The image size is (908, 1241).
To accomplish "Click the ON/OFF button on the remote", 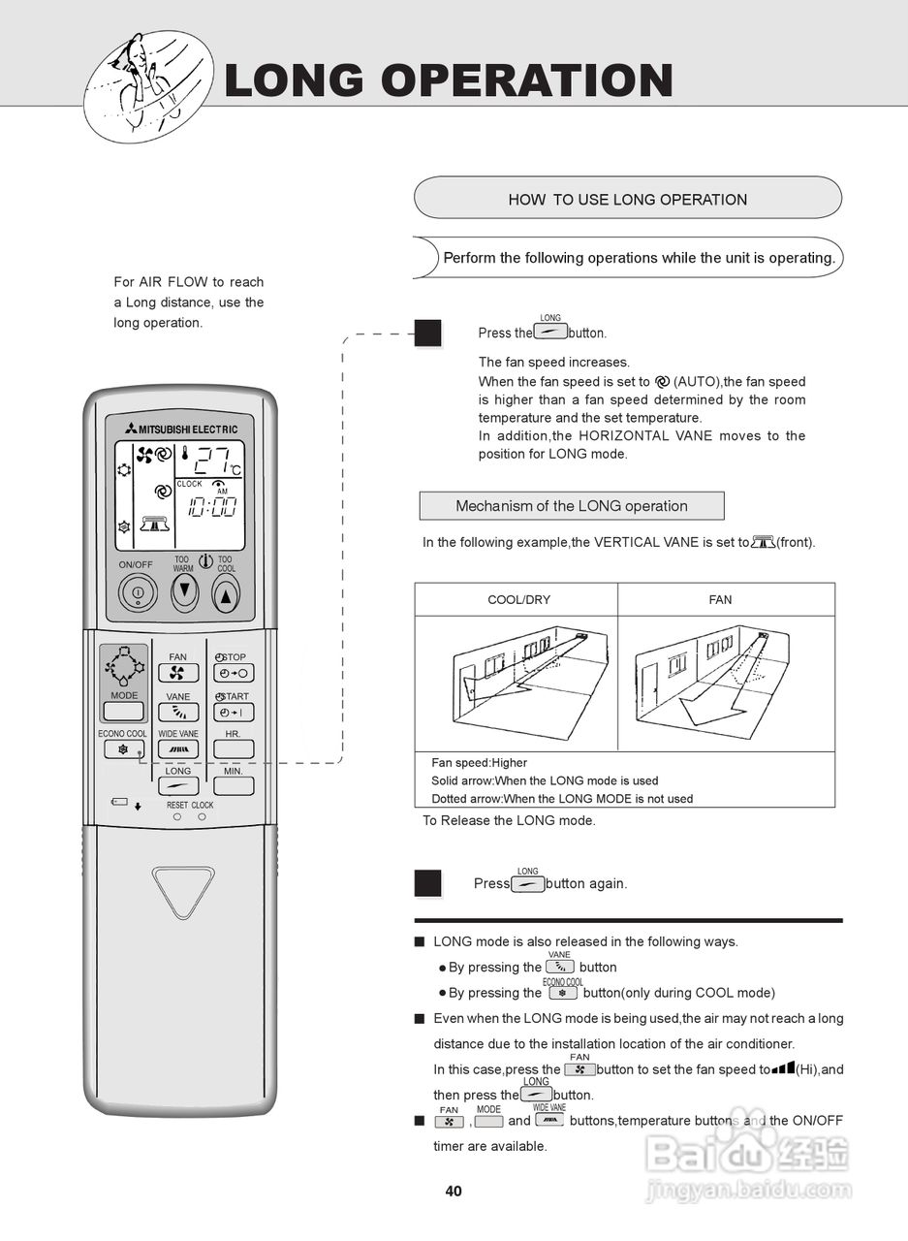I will pyautogui.click(x=138, y=592).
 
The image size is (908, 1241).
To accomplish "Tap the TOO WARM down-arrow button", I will pyautogui.click(x=184, y=591).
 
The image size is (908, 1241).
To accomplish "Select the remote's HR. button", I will pyautogui.click(x=234, y=748).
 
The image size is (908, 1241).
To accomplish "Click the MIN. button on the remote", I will pyautogui.click(x=234, y=785).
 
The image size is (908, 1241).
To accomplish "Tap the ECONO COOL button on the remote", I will pyautogui.click(x=123, y=748).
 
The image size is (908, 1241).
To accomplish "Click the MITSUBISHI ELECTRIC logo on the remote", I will pyautogui.click(x=180, y=430).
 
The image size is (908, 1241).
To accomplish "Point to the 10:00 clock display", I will pyautogui.click(x=212, y=506).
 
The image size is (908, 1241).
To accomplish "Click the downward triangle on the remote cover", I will pyautogui.click(x=181, y=891).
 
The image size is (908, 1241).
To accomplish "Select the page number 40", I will pyautogui.click(x=454, y=1192).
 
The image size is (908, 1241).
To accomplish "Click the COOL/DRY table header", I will pyautogui.click(x=518, y=600).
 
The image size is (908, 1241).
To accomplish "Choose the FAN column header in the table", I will pyautogui.click(x=720, y=600).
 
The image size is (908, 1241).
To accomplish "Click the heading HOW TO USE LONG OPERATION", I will pyautogui.click(x=627, y=200).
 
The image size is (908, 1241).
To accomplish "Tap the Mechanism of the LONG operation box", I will pyautogui.click(x=571, y=506).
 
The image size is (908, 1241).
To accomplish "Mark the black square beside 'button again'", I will pyautogui.click(x=427, y=883).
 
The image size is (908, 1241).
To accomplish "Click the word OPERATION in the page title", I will pyautogui.click(x=527, y=80).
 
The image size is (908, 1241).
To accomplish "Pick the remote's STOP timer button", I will pyautogui.click(x=234, y=673).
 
